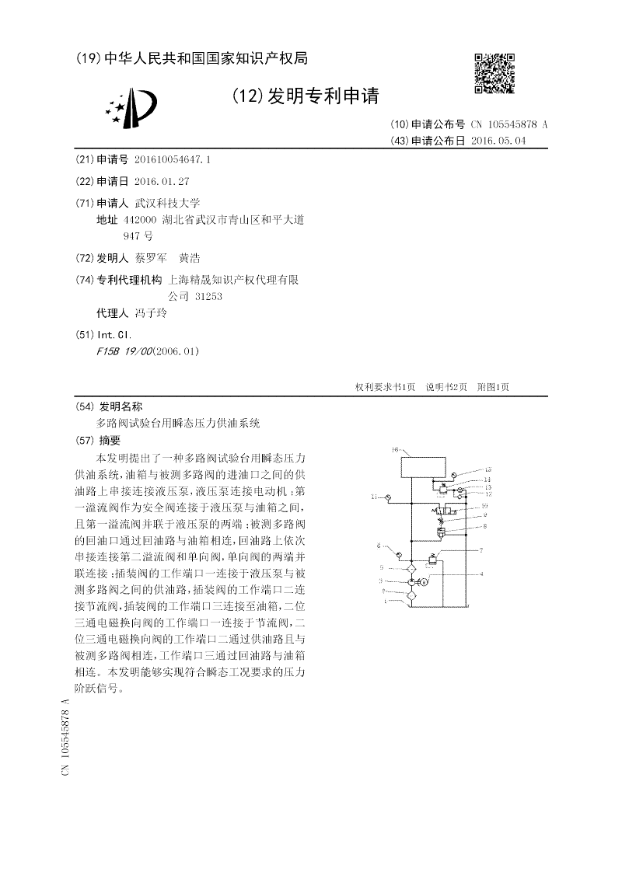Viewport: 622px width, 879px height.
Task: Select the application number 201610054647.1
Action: coord(173,159)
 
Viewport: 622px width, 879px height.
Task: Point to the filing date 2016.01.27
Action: coord(161,180)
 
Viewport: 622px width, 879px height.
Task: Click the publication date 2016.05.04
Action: coord(498,141)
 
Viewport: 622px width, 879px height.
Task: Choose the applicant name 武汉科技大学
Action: coord(167,202)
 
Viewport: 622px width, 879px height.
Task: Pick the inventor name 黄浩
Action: coord(189,258)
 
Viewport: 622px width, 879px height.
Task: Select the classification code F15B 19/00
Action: coord(123,351)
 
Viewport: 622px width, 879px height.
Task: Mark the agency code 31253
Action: coord(208,296)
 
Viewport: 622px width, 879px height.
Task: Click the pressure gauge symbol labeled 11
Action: coord(390,497)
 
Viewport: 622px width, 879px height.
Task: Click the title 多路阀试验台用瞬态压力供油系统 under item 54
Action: coord(178,424)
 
